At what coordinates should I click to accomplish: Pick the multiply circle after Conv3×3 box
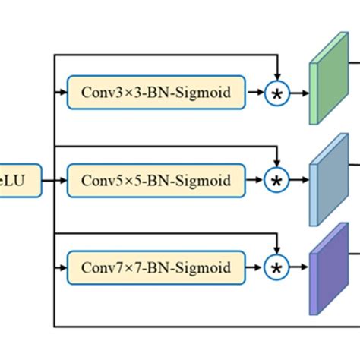click(x=277, y=94)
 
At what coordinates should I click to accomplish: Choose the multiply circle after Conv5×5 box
click(x=277, y=181)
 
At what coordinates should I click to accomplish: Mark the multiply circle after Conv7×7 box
click(x=277, y=267)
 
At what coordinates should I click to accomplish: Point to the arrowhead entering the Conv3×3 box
click(x=63, y=93)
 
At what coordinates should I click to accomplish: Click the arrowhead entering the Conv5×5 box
click(x=63, y=180)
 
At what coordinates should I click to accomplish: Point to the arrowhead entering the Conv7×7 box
click(x=63, y=267)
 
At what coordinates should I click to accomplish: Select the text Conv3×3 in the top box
click(x=103, y=93)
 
